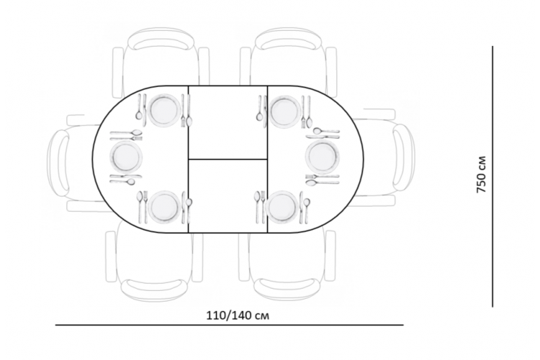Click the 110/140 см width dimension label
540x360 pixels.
(x=238, y=315)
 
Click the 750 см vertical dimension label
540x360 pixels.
(x=481, y=174)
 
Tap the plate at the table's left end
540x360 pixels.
(x=126, y=157)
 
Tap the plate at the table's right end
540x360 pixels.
(x=323, y=157)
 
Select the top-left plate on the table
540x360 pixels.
(x=164, y=110)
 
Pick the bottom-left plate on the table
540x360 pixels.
(x=164, y=207)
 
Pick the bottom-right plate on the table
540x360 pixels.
(x=282, y=207)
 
